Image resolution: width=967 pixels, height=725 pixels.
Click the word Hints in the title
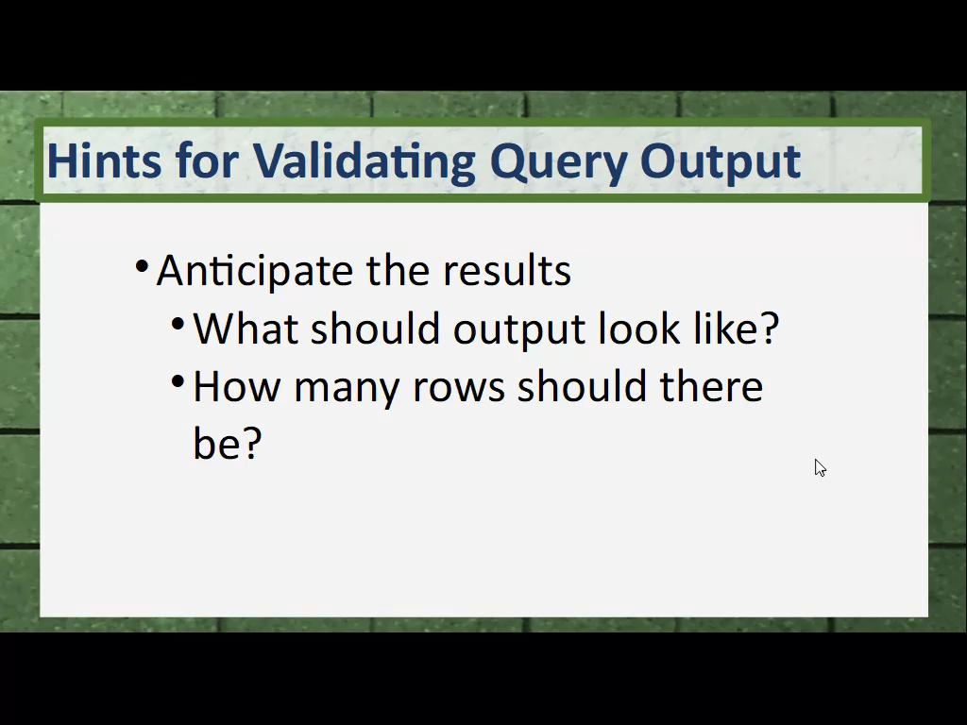(x=104, y=160)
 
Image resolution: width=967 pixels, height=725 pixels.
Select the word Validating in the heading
(x=365, y=161)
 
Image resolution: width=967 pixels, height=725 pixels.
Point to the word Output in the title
(x=721, y=162)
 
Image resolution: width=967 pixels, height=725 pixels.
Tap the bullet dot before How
(x=178, y=381)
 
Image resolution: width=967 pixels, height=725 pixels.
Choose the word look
(x=639, y=328)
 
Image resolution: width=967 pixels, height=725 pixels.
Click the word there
(x=711, y=386)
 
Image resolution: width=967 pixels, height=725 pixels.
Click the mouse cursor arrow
(x=820, y=468)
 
